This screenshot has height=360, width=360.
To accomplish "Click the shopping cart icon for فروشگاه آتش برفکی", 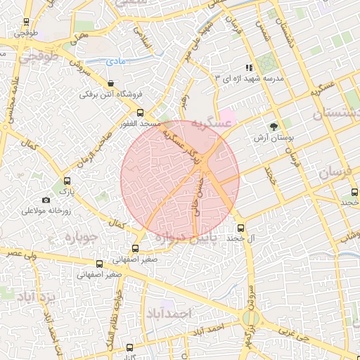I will pyautogui.click(x=111, y=84).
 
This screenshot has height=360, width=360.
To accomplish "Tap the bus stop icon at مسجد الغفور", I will pyautogui.click(x=140, y=112).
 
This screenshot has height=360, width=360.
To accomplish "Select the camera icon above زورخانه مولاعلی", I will pyautogui.click(x=46, y=200).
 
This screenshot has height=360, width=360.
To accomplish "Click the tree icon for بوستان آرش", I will pyautogui.click(x=272, y=127).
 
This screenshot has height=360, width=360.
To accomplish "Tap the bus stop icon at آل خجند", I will pyautogui.click(x=241, y=228).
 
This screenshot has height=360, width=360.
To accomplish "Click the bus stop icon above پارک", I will pyautogui.click(x=67, y=181).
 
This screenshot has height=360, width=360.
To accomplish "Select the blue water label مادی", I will pyautogui.click(x=117, y=62).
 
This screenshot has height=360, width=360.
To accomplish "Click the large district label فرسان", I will pyautogui.click(x=333, y=173).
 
